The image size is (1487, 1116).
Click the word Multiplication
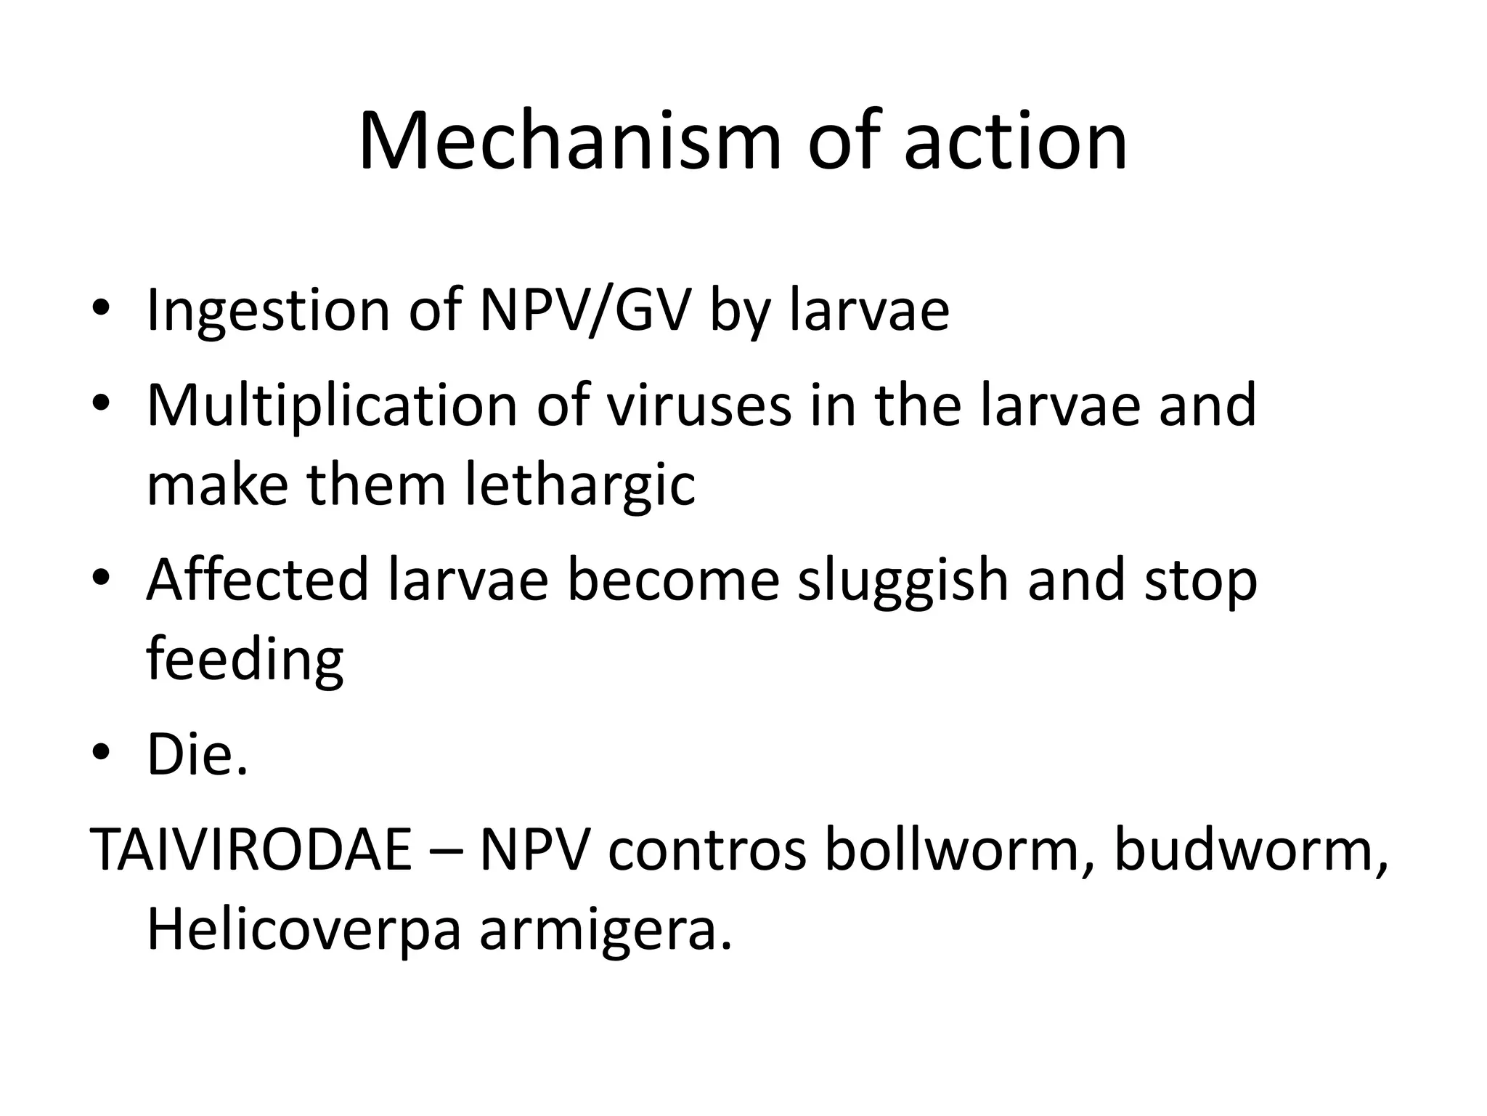coord(332,405)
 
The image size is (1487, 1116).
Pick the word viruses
coord(699,405)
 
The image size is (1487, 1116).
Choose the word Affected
coord(258,581)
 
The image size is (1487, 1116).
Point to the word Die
coord(197,756)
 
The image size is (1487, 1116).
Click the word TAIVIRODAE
coord(250,850)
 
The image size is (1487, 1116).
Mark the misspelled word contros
coord(706,850)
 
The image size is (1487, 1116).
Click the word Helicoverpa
coord(303,929)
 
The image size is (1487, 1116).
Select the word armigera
coord(605,929)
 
